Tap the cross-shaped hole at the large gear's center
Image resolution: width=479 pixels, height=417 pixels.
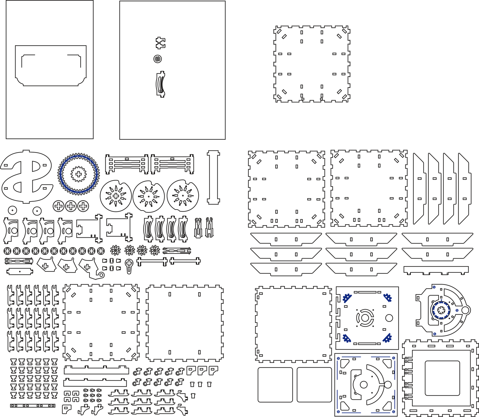coord(78,174)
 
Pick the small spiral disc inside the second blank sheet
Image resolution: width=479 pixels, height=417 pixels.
coord(158,59)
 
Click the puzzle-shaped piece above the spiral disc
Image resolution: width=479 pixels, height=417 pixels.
coord(160,43)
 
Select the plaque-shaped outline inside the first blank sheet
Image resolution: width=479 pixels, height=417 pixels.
coord(51,66)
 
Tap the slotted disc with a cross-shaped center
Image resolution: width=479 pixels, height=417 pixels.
coord(116,196)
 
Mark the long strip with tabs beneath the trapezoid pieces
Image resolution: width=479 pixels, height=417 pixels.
coord(436,269)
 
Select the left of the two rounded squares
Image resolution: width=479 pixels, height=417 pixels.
coord(275,385)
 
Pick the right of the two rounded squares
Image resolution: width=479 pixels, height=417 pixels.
coord(314,385)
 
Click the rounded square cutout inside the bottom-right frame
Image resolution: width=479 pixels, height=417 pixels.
coord(442,378)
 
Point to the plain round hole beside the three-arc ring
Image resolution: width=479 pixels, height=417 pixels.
coord(389,318)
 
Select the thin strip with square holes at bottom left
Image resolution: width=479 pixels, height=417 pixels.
coord(33,406)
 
